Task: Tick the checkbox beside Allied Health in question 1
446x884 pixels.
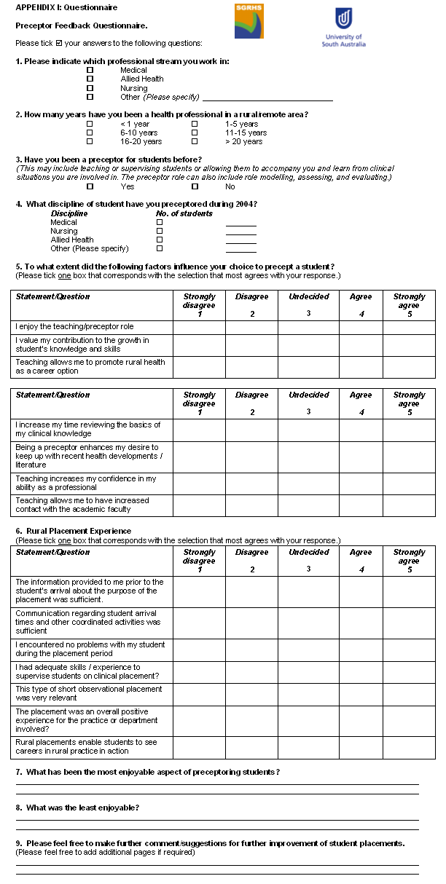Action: tap(90, 79)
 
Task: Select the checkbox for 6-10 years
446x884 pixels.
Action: tap(90, 133)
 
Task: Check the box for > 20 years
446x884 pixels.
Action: tap(195, 142)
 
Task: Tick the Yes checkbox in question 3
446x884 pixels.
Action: tap(90, 186)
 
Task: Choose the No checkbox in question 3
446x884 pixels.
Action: tap(195, 186)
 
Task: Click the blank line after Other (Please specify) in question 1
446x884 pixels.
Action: tap(267, 98)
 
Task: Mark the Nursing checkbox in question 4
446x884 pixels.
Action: tap(160, 231)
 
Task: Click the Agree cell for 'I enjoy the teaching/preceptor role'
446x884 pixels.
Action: tap(360, 327)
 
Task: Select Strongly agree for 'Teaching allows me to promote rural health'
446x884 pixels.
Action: tap(409, 367)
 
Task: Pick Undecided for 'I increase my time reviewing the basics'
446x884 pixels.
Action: tap(308, 430)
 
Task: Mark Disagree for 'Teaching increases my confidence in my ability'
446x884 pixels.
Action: tap(251, 484)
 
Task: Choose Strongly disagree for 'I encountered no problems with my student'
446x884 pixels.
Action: tap(199, 649)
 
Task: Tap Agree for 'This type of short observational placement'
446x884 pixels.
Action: tap(360, 694)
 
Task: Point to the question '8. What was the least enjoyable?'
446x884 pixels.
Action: tap(77, 808)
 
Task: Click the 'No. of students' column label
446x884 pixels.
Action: tap(184, 213)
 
